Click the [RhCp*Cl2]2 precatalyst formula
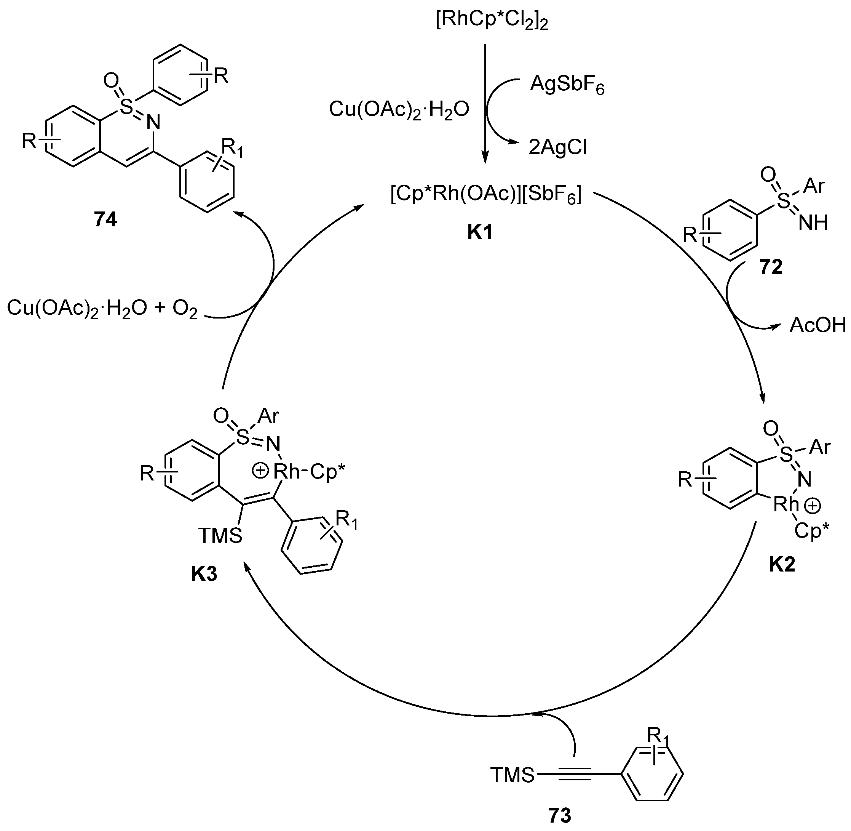[492, 20]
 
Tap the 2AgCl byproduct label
[557, 147]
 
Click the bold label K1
[480, 233]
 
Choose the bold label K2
[782, 565]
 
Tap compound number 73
[559, 815]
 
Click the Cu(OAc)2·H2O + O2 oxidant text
[102, 309]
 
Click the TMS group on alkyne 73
[513, 775]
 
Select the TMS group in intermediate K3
[220, 536]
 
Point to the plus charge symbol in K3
[260, 471]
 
